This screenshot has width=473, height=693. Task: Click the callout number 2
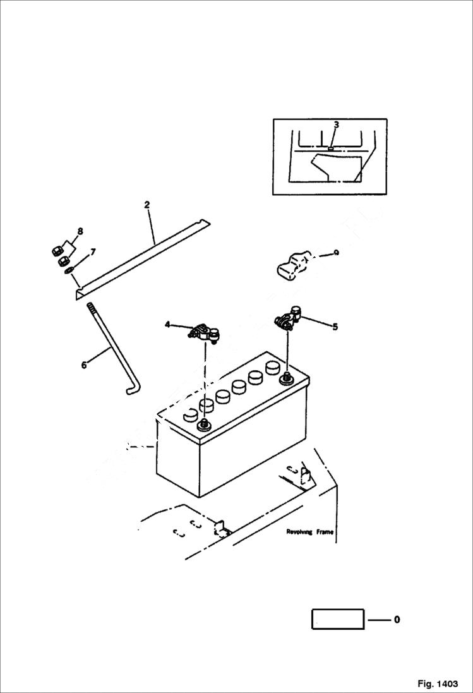[147, 204]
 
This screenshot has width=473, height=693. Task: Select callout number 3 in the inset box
[337, 124]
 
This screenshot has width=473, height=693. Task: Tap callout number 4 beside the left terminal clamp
[167, 325]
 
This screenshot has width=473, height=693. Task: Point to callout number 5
[335, 327]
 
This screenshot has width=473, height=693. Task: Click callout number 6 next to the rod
[85, 365]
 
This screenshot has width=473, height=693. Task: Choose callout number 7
[93, 252]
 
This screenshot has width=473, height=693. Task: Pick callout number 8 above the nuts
[80, 231]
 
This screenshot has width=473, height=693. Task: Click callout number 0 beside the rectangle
[397, 620]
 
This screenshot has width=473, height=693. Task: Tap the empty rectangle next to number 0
[338, 619]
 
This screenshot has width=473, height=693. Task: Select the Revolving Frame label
[309, 532]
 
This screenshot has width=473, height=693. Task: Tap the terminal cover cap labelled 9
[291, 265]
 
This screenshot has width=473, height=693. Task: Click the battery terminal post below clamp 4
[204, 425]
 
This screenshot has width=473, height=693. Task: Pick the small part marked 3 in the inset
[332, 148]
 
